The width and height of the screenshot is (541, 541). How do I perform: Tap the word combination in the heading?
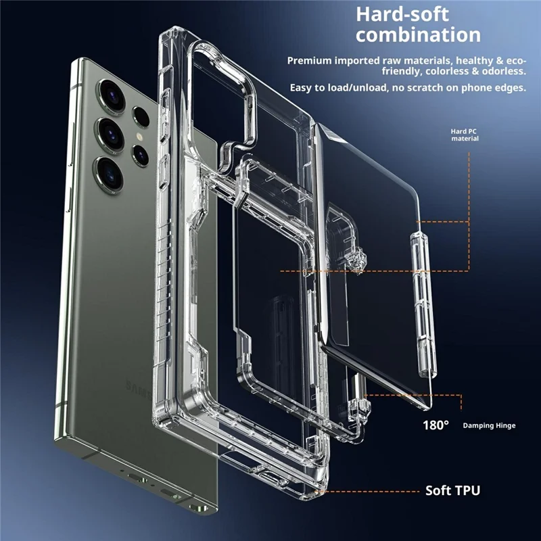419,35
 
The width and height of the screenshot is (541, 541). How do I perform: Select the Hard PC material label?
465,135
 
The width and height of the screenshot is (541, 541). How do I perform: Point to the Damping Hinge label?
489,426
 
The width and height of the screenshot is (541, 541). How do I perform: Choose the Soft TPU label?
452,490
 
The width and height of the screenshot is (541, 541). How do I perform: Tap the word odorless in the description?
501,71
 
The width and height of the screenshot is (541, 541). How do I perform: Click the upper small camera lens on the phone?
141,116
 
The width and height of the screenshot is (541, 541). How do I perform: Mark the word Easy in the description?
303,89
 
